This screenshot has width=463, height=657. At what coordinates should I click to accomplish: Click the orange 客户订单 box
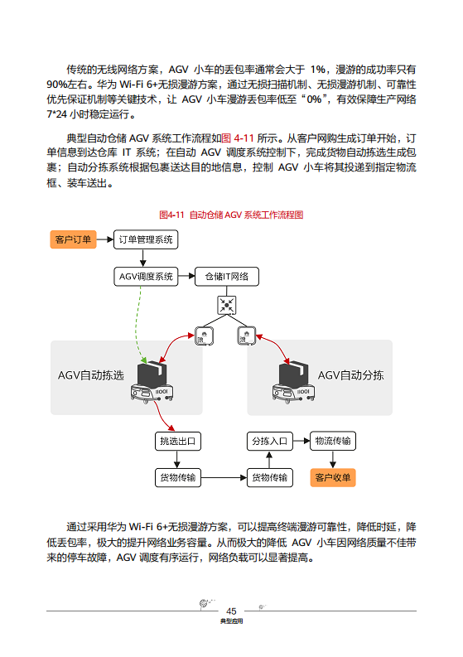(74, 239)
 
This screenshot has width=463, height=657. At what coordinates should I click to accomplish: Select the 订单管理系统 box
(145, 239)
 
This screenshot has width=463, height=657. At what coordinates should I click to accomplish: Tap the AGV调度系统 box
(145, 276)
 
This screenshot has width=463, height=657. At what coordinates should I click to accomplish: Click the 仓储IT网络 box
(226, 276)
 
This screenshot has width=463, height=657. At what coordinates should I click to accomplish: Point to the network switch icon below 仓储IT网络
(226, 305)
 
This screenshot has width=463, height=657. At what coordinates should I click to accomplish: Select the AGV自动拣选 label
(90, 374)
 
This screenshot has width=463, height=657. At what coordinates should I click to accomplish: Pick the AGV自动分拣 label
(350, 374)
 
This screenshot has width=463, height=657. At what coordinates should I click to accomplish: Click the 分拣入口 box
(269, 441)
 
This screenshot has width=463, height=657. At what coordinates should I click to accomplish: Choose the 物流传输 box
(332, 441)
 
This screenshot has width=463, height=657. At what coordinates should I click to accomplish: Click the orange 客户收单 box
(332, 477)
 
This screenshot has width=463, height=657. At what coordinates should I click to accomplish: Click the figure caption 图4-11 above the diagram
(231, 215)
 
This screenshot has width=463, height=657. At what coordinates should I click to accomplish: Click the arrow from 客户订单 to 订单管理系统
(104, 239)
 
